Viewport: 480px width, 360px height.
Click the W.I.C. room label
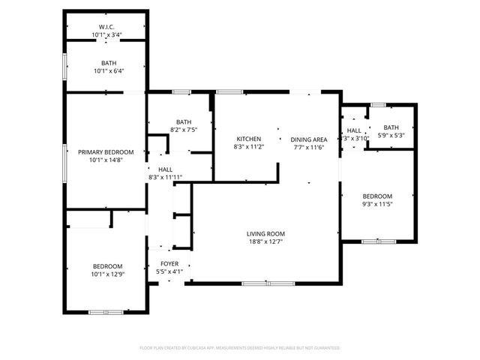[106, 28]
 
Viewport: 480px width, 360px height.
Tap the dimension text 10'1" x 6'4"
[108, 71]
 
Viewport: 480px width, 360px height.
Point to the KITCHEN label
[248, 139]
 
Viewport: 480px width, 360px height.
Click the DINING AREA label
[309, 139]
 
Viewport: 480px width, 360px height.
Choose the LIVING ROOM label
[265, 234]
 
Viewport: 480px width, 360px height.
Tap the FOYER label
[169, 263]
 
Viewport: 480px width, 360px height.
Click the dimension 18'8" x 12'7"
[265, 241]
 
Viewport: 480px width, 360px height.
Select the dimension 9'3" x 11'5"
[377, 204]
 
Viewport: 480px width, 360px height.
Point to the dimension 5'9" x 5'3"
[391, 135]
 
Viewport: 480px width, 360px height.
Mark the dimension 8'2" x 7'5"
[184, 130]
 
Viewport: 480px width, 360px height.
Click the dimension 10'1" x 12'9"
[108, 274]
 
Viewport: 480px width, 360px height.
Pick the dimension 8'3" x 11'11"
[166, 177]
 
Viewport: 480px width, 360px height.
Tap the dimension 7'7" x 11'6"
[309, 147]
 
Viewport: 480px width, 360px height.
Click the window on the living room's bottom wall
[268, 283]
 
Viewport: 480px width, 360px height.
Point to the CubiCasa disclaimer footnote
[240, 348]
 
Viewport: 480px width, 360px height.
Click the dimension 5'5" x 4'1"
[169, 271]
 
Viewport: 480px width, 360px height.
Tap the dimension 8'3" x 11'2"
[248, 147]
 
